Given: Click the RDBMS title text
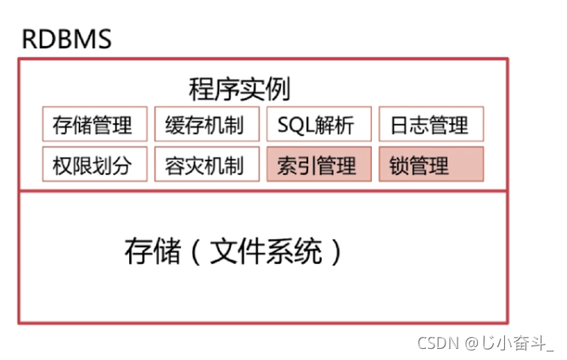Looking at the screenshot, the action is point(66,39).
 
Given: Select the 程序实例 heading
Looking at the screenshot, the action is point(239,89).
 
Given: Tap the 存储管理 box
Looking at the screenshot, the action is point(93,126).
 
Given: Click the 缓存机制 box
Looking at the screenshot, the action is point(205,126).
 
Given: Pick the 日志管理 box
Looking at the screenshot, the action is point(429,126).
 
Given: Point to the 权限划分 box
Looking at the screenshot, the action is point(93,165).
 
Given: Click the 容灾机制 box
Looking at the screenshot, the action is point(205,165).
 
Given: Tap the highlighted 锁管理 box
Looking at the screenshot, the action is point(429,165).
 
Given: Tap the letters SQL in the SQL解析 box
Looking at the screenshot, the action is point(294,126).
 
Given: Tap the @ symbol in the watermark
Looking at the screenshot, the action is point(471,343).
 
